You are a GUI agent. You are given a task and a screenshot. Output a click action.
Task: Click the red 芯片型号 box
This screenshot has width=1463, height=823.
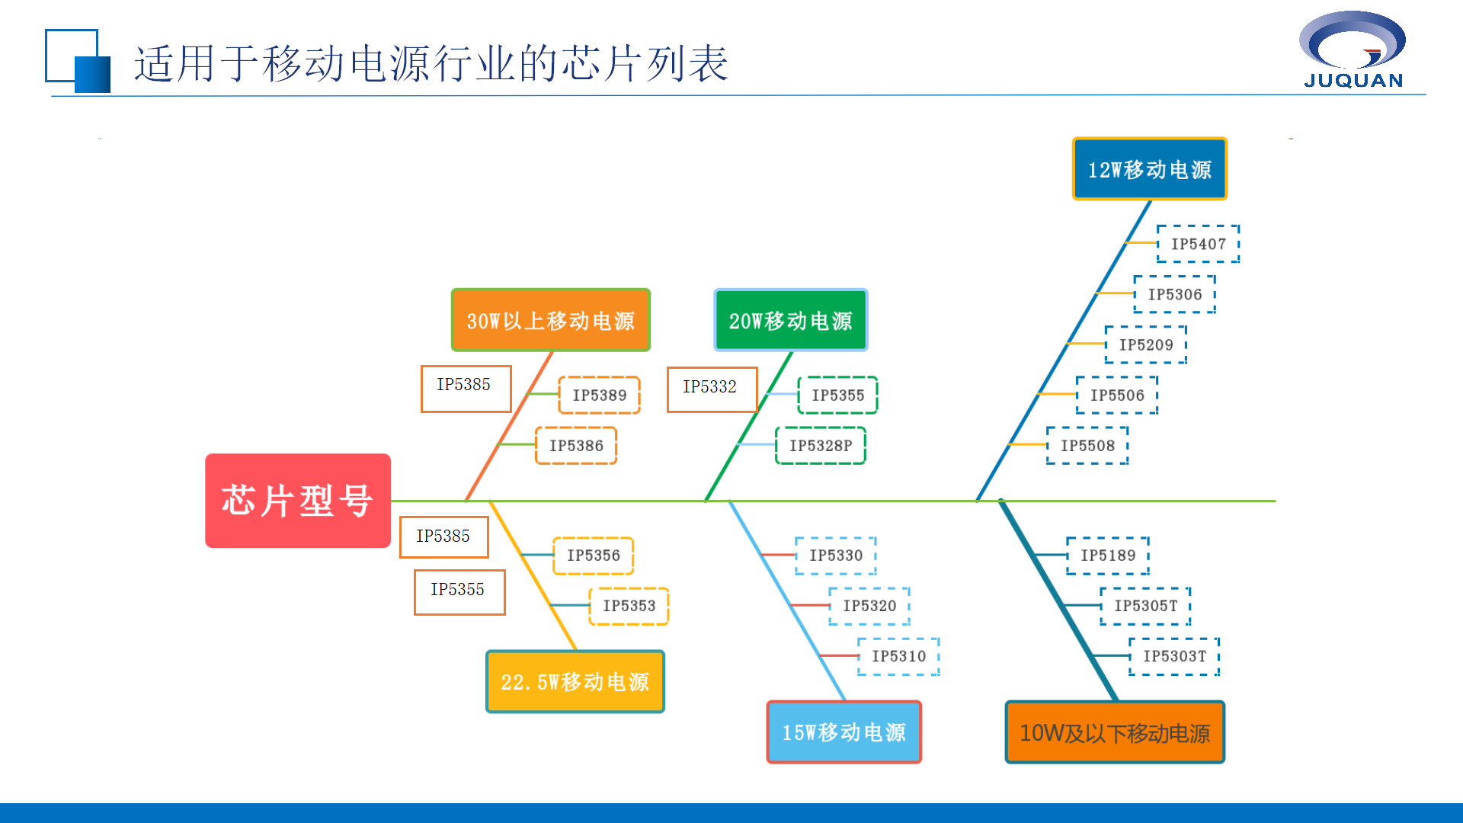[297, 501]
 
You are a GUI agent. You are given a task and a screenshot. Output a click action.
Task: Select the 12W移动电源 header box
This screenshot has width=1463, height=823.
[1149, 169]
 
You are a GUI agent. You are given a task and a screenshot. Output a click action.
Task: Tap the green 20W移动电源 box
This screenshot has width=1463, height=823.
[790, 320]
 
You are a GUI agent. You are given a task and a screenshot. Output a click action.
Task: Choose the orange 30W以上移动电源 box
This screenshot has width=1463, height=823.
[550, 320]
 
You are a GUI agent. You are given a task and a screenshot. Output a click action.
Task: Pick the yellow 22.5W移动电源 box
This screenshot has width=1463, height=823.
[575, 681]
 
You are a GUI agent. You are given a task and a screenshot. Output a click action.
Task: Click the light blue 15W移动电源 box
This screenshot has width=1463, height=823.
[844, 732]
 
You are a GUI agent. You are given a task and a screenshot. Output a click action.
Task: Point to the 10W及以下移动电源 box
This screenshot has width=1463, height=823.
[1114, 732]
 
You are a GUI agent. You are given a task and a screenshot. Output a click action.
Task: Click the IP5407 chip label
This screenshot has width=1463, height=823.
[1198, 244]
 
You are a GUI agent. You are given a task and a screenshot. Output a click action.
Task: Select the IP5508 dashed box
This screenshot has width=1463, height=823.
[1087, 446]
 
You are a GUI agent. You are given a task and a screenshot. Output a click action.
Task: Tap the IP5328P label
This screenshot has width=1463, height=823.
[821, 446]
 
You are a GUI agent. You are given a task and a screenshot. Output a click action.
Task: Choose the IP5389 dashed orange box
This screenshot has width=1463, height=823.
[600, 395]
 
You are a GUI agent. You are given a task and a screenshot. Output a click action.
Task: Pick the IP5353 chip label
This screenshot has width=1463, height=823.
[629, 606]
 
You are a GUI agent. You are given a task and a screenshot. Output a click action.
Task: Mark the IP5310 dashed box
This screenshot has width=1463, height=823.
[898, 656]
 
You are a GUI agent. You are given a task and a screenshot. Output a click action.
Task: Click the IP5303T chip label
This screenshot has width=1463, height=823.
[1174, 656]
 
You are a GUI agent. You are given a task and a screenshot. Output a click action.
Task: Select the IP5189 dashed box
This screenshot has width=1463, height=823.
[1108, 556]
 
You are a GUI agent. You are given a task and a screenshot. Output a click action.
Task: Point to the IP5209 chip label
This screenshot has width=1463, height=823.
[1146, 344]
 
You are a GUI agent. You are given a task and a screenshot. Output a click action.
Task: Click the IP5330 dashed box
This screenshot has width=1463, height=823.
[836, 556]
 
